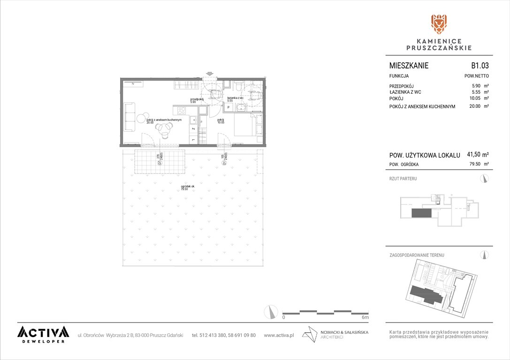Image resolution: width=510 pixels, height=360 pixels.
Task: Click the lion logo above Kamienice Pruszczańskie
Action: coord(439,24)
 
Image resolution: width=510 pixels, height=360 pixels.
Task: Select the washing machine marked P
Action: coord(228,107)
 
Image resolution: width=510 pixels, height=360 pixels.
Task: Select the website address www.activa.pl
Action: coord(279,335)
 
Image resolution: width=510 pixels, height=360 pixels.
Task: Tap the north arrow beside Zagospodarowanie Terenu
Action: coord(485,255)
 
